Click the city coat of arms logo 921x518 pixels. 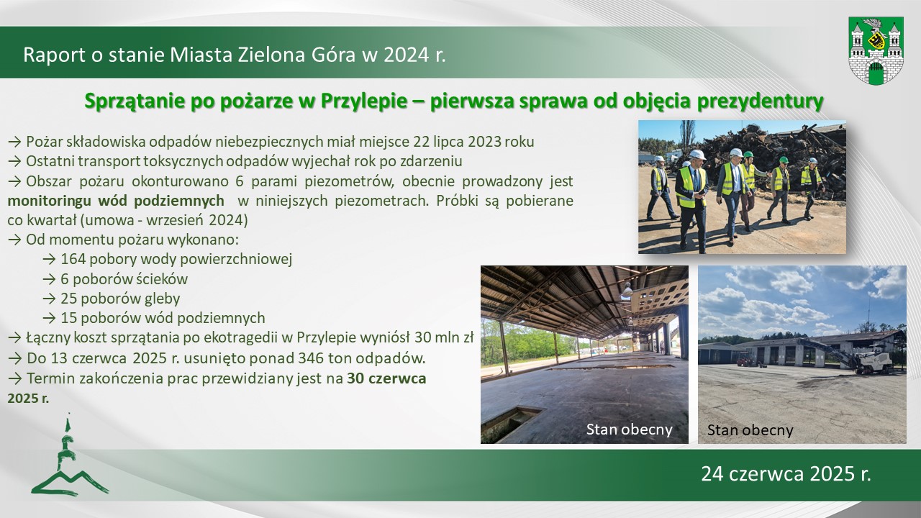pos(876,50)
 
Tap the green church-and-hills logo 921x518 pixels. pos(70,455)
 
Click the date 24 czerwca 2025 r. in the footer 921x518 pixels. pos(786,473)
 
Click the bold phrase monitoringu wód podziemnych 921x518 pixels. pos(116,201)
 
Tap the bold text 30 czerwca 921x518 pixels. pos(386,378)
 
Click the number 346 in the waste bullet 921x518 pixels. pos(312,358)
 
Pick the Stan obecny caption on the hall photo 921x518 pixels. pos(629,430)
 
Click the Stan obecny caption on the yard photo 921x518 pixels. pos(750,430)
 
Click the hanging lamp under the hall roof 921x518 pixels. pos(627,289)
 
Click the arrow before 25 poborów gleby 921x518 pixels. pos(49,299)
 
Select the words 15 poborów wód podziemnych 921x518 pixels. pos(163,318)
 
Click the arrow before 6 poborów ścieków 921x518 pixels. pos(49,279)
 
